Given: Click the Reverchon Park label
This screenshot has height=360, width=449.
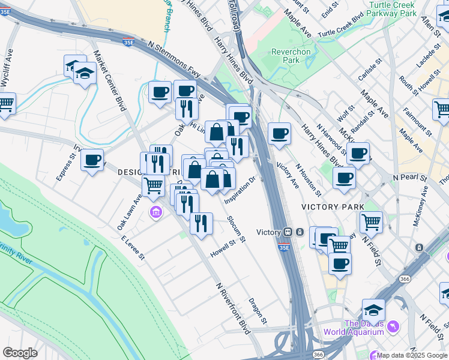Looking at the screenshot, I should (291, 56).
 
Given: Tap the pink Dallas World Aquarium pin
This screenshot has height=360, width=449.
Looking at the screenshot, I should (394, 326).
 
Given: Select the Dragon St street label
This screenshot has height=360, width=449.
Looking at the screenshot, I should (258, 310).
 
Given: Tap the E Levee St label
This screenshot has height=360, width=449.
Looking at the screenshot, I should (133, 247).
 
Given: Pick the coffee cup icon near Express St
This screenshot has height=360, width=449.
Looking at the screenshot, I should (92, 160).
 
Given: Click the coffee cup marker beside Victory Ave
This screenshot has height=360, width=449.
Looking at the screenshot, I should (279, 134).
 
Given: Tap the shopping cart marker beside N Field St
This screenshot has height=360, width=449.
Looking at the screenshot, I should (371, 222).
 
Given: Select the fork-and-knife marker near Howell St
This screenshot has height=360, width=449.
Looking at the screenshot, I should (201, 223).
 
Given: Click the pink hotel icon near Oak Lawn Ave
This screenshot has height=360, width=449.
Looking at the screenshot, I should (156, 212).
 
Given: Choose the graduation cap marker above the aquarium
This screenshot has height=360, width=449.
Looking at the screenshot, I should (373, 310).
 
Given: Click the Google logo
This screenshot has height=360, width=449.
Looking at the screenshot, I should (20, 353).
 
